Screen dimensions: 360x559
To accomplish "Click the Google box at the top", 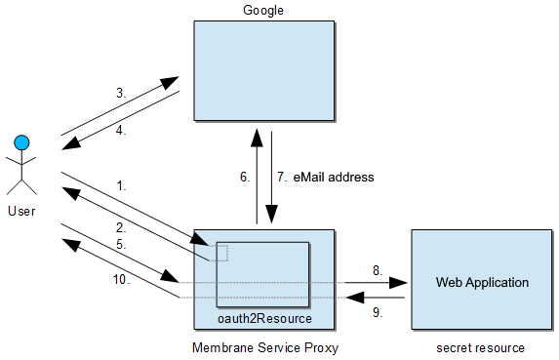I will coord(263,72).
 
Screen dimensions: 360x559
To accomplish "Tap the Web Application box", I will coord(482,281).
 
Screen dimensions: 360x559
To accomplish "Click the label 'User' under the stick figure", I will coord(21,210).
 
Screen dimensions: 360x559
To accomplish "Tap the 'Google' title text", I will coord(263,10).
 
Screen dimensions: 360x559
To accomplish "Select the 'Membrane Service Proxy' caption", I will coord(263,348).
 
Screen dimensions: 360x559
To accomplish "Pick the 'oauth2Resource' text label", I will coord(263,318).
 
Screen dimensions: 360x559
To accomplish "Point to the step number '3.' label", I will coord(121,94).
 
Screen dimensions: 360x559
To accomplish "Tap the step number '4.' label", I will coord(121,129).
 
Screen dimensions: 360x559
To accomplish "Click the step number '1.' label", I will coord(121,184).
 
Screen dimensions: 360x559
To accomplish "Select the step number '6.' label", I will coord(245,178).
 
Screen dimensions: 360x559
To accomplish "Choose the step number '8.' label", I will coord(376,269).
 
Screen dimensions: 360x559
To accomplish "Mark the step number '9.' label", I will coord(376,313).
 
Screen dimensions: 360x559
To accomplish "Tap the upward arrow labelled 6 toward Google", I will coord(257,176).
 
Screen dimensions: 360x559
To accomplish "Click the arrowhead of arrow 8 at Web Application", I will coord(398,283).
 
